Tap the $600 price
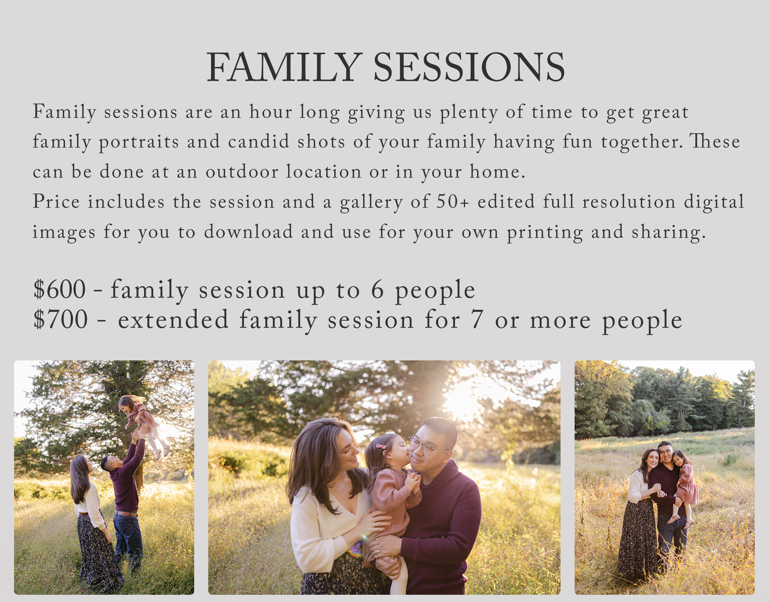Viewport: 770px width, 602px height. tap(60, 289)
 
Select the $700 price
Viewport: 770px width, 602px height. tap(61, 319)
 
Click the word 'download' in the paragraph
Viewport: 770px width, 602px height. tap(248, 232)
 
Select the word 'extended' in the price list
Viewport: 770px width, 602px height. tap(173, 320)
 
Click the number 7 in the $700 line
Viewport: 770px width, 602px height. tap(477, 320)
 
